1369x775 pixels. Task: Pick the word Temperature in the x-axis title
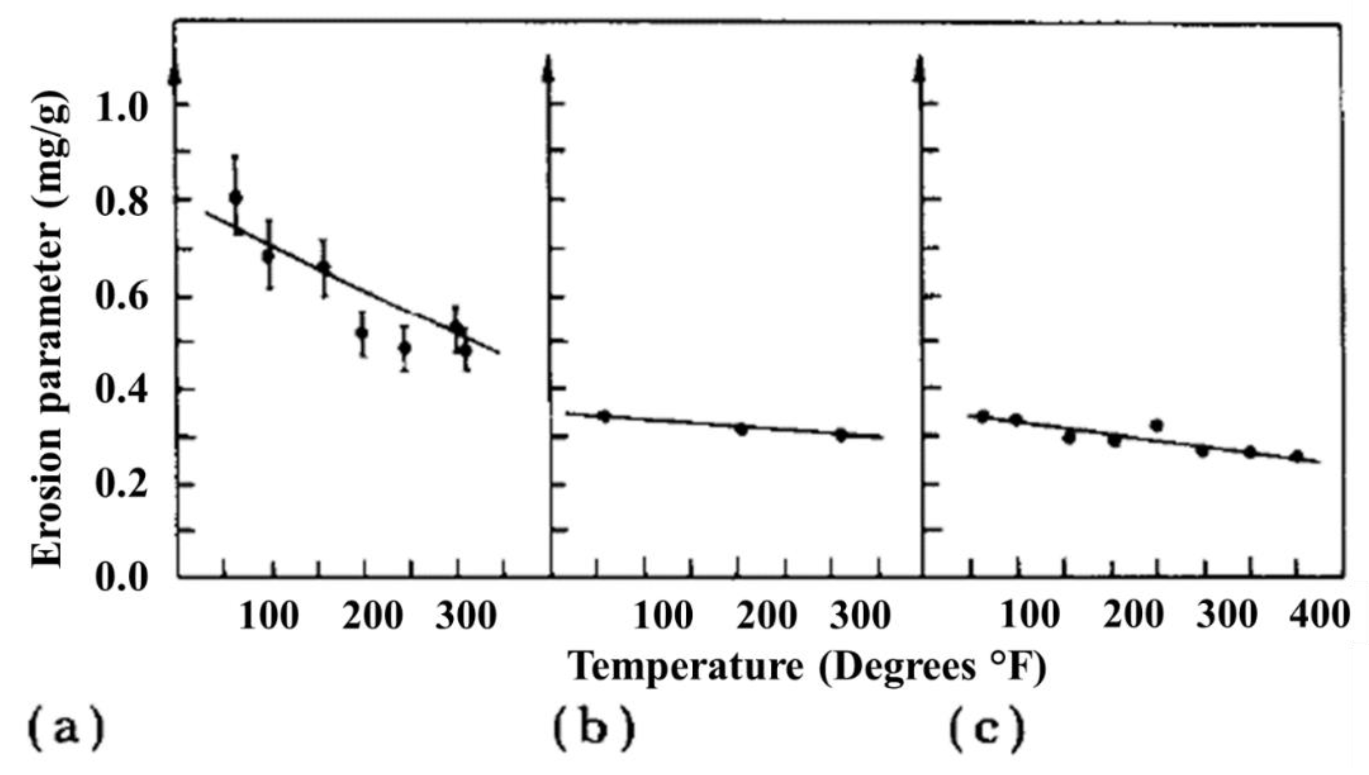687,667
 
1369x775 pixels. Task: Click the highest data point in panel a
235,198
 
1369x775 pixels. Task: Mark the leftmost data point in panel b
604,416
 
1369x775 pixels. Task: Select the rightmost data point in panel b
841,435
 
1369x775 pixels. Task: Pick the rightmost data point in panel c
1297,456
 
